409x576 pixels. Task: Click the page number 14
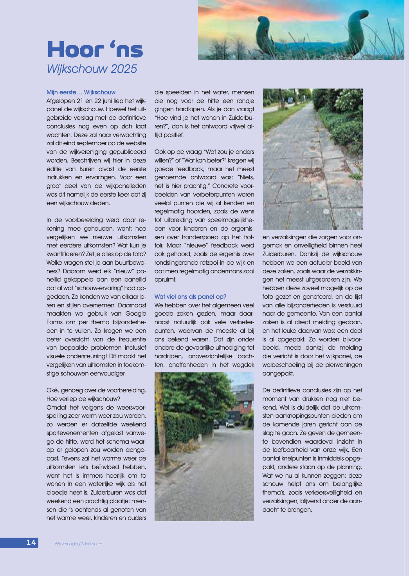(x=31, y=542)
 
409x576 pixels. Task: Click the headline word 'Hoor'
(x=75, y=50)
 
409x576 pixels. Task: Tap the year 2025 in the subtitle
(x=124, y=69)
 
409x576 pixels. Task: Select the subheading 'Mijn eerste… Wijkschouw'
(x=81, y=92)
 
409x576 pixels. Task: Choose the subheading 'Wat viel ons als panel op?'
(x=190, y=297)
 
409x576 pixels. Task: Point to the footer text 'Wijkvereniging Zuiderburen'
(x=78, y=544)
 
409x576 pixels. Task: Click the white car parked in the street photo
(x=230, y=423)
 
